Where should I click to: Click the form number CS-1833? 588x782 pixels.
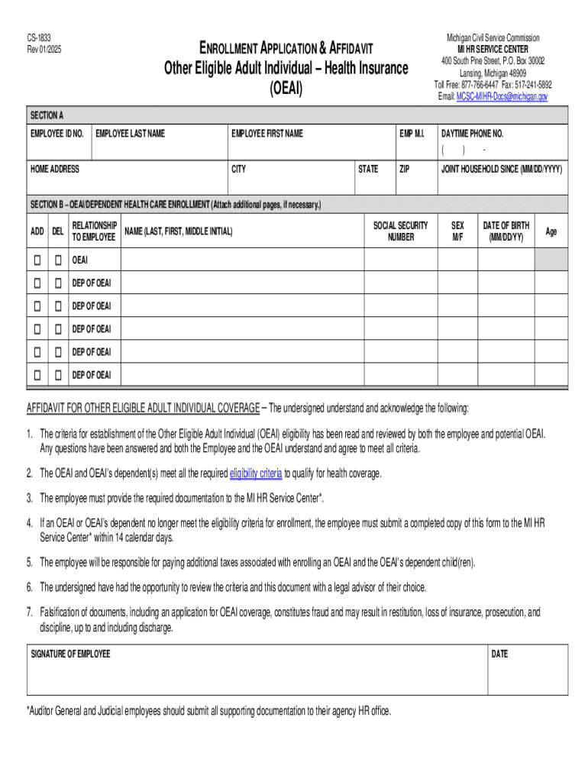pos(40,37)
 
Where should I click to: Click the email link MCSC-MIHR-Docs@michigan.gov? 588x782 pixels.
pos(502,97)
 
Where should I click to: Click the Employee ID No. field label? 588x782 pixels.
pos(57,134)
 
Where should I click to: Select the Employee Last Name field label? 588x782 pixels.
pos(130,134)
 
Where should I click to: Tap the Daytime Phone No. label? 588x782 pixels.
pos(472,134)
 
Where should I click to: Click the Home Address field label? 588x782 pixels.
pos(54,169)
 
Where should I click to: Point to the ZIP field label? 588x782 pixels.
pos(405,169)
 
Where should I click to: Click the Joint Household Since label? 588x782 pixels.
pos(502,169)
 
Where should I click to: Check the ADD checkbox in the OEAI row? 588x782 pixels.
pos(37,260)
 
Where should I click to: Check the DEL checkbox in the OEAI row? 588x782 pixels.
pos(58,260)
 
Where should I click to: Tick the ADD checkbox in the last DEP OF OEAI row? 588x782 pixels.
pos(37,375)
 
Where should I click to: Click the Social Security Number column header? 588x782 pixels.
pos(400,231)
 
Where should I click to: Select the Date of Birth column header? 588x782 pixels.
pos(506,231)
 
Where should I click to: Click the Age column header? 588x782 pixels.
pos(551,231)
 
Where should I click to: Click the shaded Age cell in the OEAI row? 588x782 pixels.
pos(551,260)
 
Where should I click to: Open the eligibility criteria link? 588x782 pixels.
pos(256,473)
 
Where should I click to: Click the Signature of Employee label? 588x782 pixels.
pos(70,654)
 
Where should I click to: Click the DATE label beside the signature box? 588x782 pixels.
pos(499,654)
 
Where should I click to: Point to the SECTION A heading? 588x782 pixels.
pos(47,115)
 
